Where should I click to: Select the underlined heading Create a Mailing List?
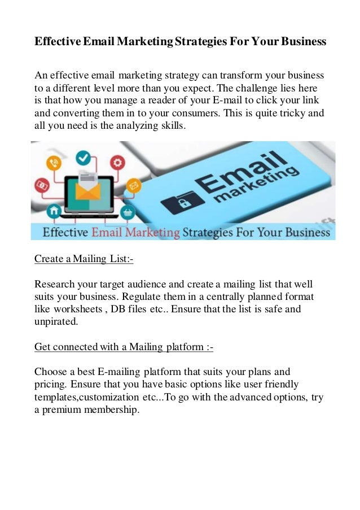84,259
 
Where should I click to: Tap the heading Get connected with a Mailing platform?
124,346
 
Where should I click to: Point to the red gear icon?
118,163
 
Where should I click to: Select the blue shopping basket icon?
128,213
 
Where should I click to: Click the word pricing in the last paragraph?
51,385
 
